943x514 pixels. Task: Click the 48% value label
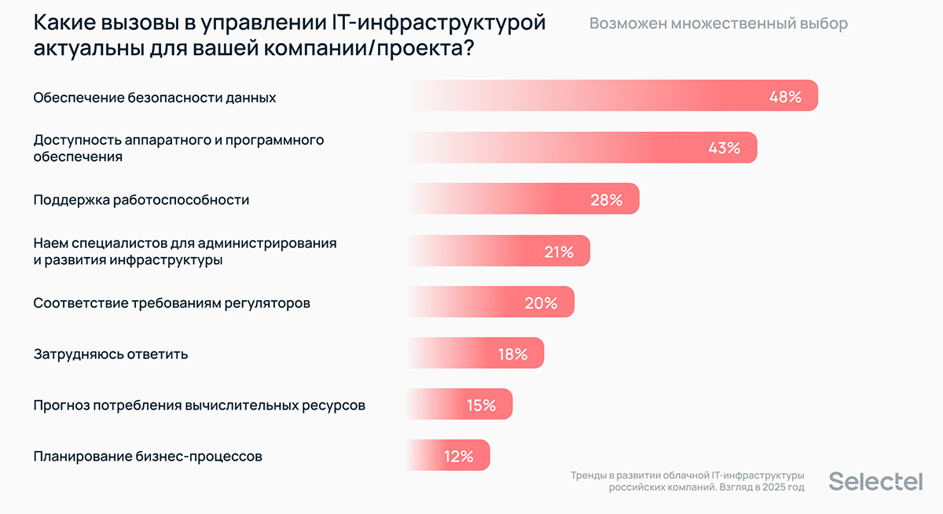pyautogui.click(x=785, y=97)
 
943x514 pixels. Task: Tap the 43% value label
pyautogui.click(x=724, y=148)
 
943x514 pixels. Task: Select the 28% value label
pyautogui.click(x=606, y=200)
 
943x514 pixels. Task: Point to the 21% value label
pyautogui.click(x=559, y=251)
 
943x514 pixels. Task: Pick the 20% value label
pyautogui.click(x=541, y=303)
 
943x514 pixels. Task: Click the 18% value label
pyautogui.click(x=512, y=354)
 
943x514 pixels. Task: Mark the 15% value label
pyautogui.click(x=481, y=406)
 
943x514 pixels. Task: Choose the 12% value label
pyautogui.click(x=458, y=457)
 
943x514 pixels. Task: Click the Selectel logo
pyautogui.click(x=875, y=482)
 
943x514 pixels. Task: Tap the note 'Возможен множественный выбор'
pyautogui.click(x=718, y=24)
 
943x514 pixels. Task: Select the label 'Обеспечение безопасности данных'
pyautogui.click(x=155, y=97)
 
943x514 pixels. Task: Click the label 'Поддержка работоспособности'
pyautogui.click(x=141, y=200)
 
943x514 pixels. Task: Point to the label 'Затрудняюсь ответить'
pyautogui.click(x=111, y=354)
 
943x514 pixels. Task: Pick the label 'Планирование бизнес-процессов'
pyautogui.click(x=148, y=456)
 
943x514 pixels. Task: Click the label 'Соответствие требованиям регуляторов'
pyautogui.click(x=171, y=303)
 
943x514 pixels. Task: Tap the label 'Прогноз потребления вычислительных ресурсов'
pyautogui.click(x=199, y=406)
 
